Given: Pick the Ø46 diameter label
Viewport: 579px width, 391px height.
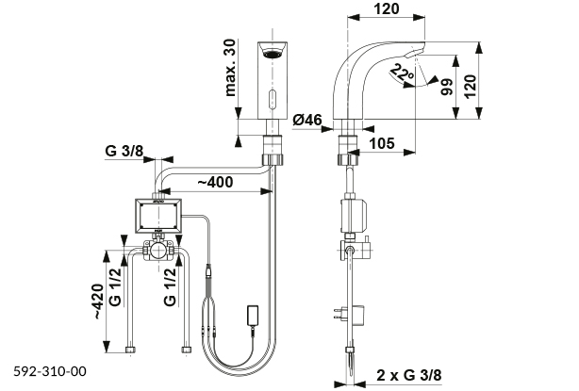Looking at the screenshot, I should [x=311, y=120].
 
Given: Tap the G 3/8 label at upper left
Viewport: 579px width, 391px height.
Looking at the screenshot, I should [x=124, y=150].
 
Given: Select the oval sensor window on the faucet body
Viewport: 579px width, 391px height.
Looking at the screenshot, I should [x=273, y=97].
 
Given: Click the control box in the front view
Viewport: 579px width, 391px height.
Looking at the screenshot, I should [x=157, y=216].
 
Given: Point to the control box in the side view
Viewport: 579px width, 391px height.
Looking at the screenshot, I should [x=355, y=215].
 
